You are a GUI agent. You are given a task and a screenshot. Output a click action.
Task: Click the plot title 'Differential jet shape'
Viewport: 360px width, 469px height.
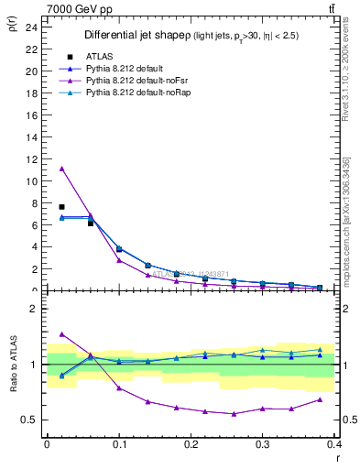136,36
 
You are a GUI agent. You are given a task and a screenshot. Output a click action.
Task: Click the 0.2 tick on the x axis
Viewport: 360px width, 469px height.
191,444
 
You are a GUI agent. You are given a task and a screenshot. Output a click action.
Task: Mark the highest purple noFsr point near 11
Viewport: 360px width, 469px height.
61,169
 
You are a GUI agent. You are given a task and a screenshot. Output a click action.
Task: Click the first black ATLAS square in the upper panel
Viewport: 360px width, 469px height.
61,207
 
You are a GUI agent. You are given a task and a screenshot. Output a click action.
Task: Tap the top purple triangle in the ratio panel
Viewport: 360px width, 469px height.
61,334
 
